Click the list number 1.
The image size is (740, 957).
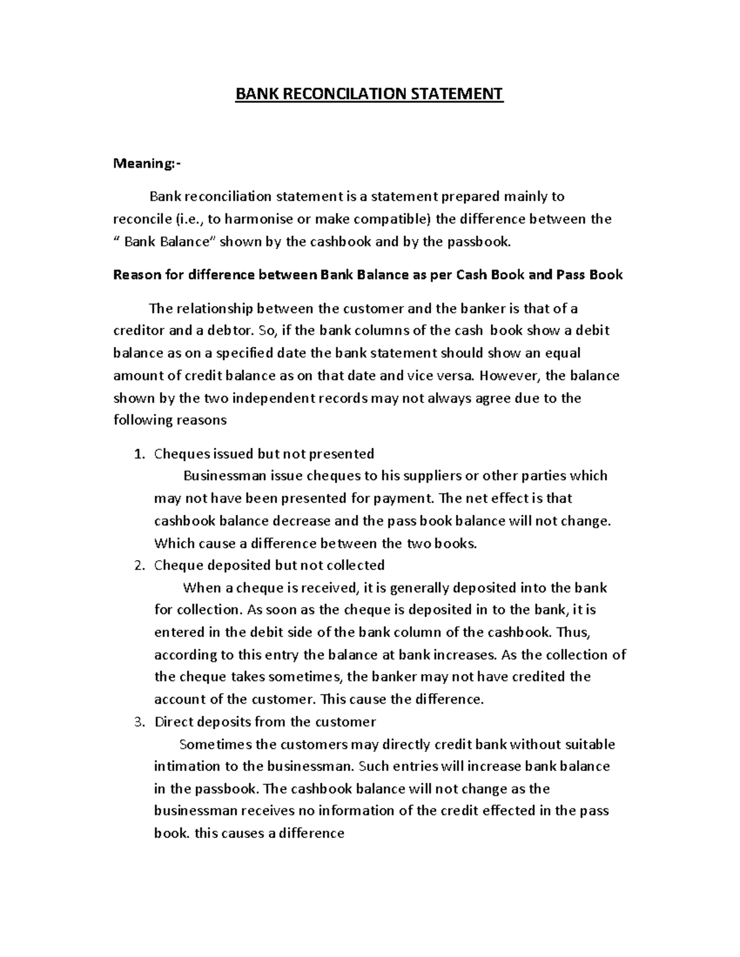(x=139, y=454)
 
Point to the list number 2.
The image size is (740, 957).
(x=139, y=566)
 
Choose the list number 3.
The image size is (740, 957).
(x=139, y=722)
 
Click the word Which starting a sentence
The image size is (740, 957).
(x=173, y=544)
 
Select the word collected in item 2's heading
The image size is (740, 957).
(x=355, y=566)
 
